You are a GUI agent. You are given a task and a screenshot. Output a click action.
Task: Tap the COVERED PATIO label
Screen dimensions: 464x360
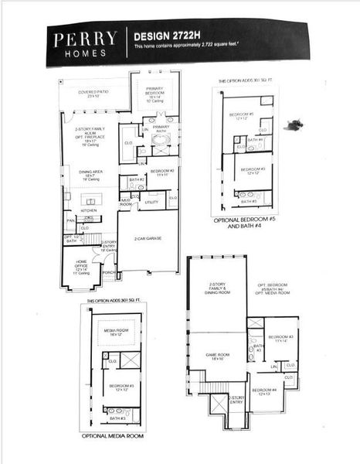93,94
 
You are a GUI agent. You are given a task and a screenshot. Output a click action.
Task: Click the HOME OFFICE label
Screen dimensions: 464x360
82,265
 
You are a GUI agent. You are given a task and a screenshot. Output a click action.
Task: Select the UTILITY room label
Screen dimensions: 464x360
151,203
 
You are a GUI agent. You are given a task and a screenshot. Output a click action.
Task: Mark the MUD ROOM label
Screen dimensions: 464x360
126,203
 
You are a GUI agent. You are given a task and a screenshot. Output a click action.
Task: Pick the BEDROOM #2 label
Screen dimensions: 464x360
162,172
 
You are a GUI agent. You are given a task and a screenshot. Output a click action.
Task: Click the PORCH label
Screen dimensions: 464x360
108,273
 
